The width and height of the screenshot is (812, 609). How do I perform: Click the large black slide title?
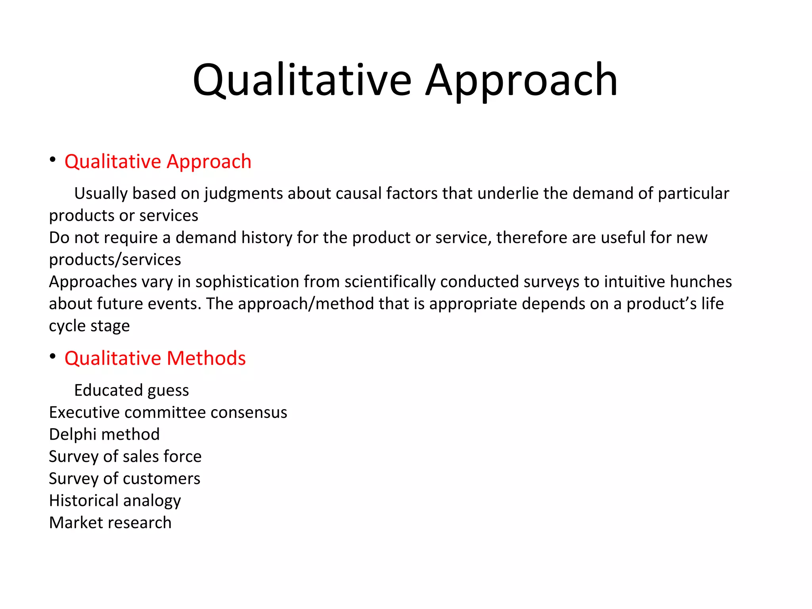405,80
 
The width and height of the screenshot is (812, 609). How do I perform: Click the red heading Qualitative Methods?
155,358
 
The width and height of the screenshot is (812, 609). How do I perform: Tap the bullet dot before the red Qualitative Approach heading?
53,160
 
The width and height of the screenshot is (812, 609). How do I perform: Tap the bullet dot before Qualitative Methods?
53,356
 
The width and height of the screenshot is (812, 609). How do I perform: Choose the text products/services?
115,260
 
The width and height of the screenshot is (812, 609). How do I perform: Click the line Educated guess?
131,391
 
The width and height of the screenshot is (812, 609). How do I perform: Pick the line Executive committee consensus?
168,413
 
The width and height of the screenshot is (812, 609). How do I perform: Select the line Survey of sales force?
125,457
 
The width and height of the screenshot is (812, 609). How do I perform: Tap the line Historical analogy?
115,501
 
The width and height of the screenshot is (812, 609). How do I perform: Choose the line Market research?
110,523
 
